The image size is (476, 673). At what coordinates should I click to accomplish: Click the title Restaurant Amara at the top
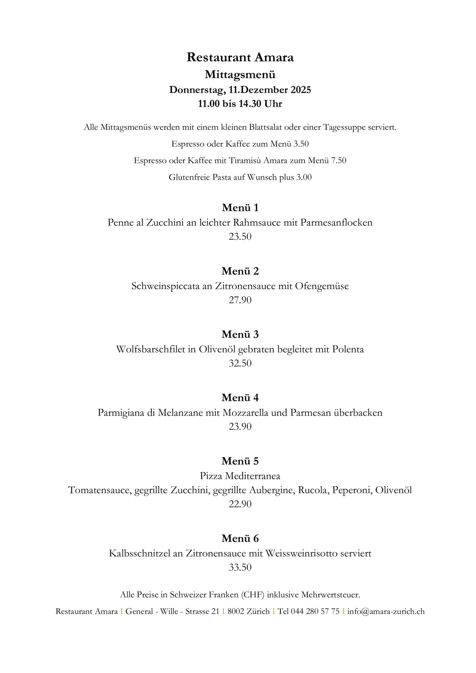(x=240, y=57)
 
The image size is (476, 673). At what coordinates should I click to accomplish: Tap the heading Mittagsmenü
(x=240, y=74)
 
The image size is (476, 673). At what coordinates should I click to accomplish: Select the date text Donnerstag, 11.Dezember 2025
(x=240, y=90)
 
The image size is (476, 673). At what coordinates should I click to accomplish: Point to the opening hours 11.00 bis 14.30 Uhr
(x=240, y=104)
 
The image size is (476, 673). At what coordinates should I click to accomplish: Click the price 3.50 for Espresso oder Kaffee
(x=301, y=144)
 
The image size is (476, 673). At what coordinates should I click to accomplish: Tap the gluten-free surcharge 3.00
(x=304, y=177)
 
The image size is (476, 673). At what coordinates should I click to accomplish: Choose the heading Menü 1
(x=240, y=208)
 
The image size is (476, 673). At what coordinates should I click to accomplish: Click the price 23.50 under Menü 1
(x=240, y=237)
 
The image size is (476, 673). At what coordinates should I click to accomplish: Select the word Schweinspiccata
(x=165, y=286)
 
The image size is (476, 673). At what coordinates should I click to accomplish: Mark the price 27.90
(x=240, y=300)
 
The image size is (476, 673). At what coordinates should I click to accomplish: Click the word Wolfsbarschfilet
(x=150, y=350)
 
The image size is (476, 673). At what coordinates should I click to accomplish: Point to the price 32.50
(x=240, y=364)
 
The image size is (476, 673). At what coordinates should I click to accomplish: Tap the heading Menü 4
(x=240, y=398)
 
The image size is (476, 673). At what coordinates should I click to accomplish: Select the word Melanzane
(x=181, y=413)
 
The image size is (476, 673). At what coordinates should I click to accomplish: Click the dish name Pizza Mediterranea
(x=240, y=476)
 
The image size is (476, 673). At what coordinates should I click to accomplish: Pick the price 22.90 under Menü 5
(x=240, y=504)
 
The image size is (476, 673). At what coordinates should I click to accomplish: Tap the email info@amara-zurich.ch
(x=386, y=611)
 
